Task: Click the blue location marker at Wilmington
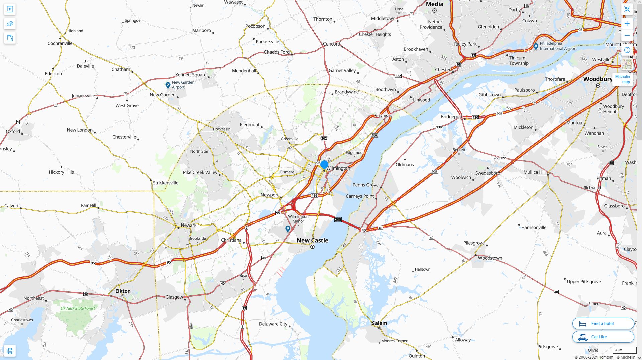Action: (324, 164)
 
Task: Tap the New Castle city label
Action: (312, 240)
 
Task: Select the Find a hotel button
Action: (603, 324)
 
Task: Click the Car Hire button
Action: (603, 337)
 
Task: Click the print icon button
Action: (10, 351)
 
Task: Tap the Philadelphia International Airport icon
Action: (536, 46)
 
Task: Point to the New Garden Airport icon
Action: (168, 85)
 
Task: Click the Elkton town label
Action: (123, 291)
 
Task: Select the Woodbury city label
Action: (598, 79)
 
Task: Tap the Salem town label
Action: (380, 323)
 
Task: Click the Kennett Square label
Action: (191, 75)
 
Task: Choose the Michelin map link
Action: (622, 79)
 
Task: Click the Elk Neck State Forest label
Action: (78, 308)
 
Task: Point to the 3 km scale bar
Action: (624, 350)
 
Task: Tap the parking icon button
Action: (10, 9)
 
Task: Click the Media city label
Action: (434, 4)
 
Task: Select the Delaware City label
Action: (273, 324)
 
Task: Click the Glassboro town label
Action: (614, 206)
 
